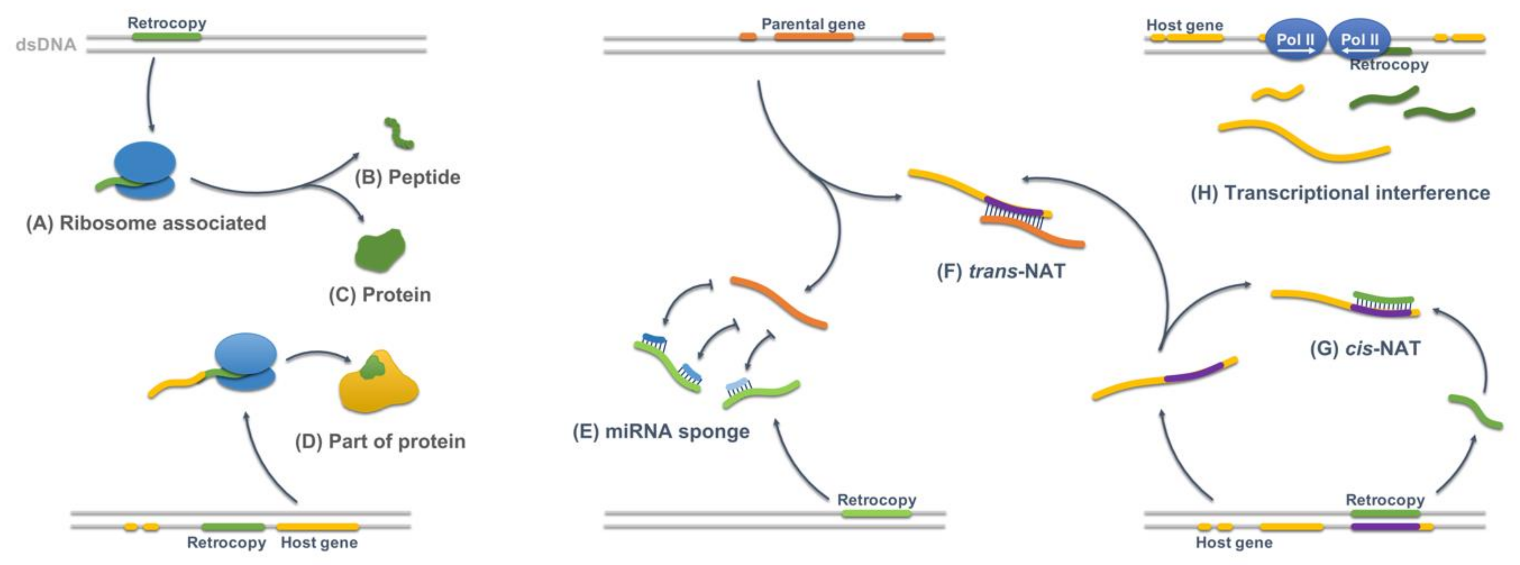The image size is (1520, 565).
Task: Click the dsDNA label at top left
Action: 46,45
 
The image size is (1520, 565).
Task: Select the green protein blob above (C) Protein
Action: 380,250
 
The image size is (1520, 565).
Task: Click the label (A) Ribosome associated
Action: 146,223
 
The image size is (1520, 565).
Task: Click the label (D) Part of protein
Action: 380,441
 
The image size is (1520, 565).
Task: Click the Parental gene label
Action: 813,24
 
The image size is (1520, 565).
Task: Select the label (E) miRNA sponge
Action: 661,431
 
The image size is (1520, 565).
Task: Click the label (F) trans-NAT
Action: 1001,271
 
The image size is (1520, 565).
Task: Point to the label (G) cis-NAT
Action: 1365,348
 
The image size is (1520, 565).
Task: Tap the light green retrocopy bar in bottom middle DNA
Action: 876,514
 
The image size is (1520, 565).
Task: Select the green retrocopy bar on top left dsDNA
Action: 166,37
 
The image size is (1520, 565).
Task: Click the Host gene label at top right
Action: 1184,26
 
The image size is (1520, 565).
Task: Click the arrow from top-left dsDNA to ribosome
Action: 149,94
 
